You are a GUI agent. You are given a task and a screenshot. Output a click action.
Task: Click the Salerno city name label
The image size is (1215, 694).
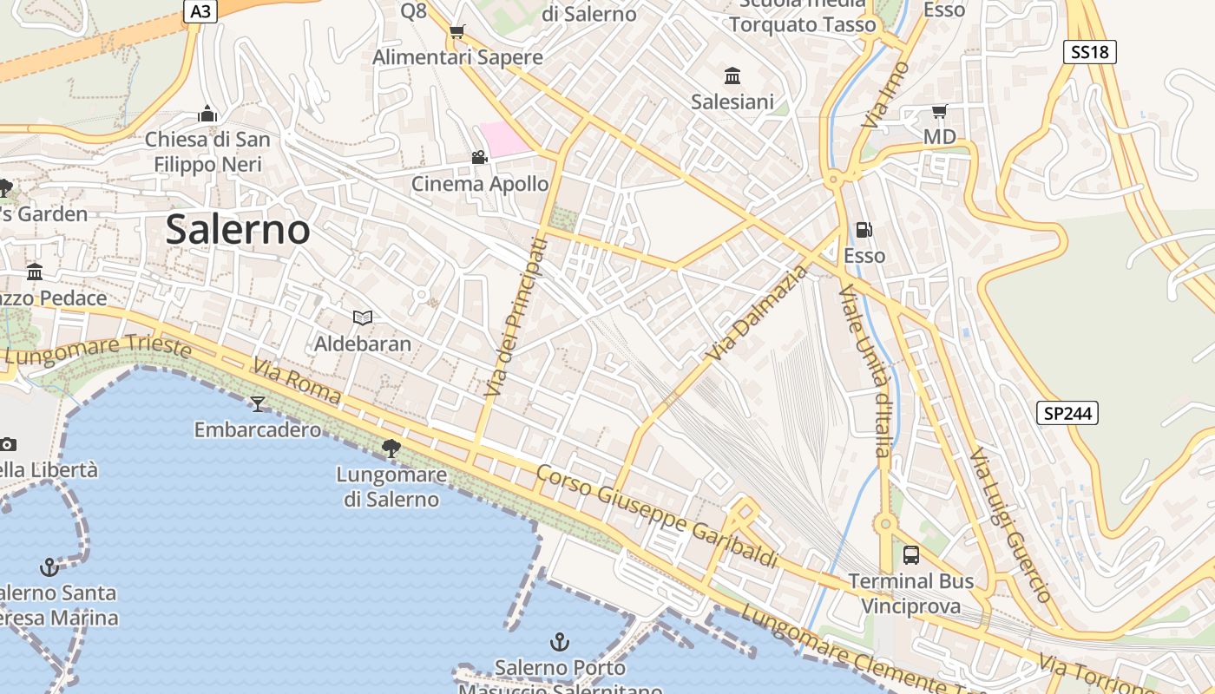click(237, 230)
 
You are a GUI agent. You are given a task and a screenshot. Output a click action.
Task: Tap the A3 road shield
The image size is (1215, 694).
click(200, 10)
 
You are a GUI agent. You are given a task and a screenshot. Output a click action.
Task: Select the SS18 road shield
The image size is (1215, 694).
click(1089, 52)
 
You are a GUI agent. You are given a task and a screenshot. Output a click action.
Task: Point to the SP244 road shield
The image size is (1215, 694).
click(1067, 413)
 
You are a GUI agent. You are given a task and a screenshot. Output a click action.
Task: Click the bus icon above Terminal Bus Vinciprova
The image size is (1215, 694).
click(910, 554)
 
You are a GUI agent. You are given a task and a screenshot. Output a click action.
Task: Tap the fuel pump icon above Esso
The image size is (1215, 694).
click(864, 230)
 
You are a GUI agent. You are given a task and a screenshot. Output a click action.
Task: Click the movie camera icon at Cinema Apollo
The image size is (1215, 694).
click(479, 157)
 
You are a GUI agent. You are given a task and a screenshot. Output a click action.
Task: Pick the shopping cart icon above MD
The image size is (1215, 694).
click(938, 111)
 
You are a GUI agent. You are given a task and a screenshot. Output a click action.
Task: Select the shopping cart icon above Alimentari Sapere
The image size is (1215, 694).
click(456, 32)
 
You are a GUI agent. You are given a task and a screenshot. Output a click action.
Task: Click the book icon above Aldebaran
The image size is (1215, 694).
click(363, 318)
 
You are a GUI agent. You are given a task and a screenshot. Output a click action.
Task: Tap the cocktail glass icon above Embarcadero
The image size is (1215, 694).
click(257, 403)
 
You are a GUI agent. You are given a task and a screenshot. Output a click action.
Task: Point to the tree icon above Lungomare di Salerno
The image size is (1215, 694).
click(391, 448)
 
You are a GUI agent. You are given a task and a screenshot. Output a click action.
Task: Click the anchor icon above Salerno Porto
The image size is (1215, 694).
click(560, 642)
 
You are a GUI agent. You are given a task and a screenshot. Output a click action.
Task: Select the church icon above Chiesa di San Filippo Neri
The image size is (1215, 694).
click(207, 114)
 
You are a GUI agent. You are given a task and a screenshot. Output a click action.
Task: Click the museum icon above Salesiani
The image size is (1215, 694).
click(732, 76)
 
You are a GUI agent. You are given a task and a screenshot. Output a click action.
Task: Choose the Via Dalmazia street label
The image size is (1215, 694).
click(758, 313)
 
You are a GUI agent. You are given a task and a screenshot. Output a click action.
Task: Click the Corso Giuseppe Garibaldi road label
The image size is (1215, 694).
click(656, 516)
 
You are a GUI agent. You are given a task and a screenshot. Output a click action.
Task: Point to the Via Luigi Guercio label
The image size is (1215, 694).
click(1010, 525)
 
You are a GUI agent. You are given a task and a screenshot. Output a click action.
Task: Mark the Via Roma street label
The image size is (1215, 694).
click(297, 382)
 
